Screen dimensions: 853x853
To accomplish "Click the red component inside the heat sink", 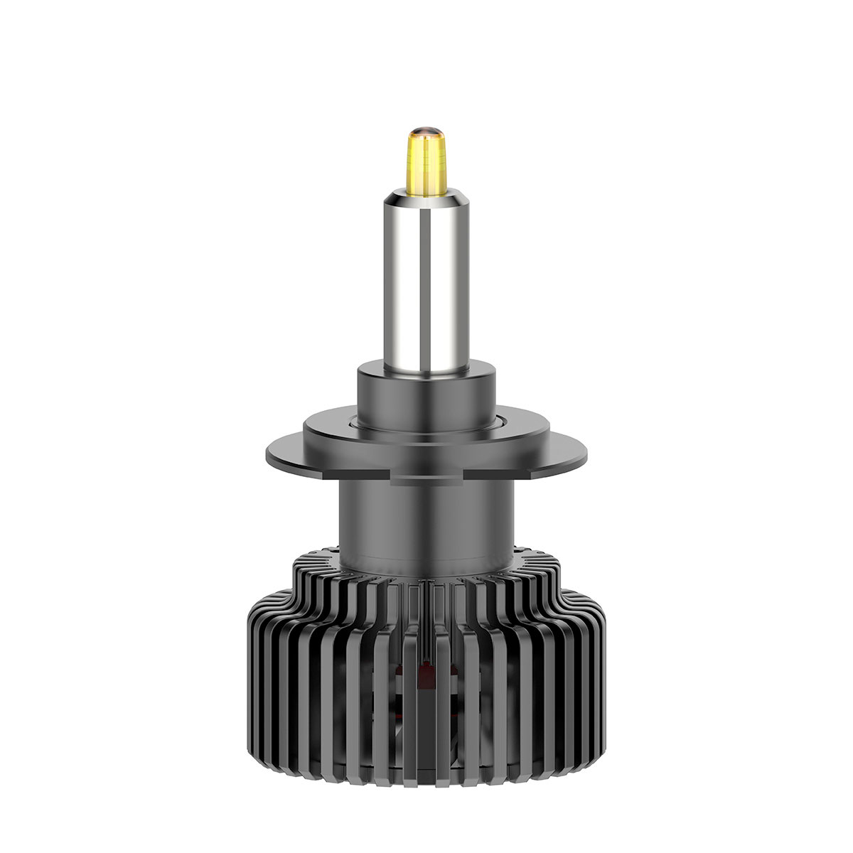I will coord(426,672).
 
